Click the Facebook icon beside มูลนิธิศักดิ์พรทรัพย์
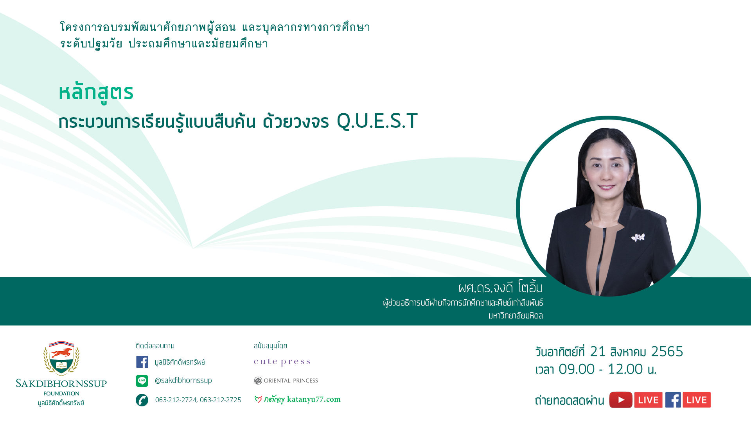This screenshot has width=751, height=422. (142, 362)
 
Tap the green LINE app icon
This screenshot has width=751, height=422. (142, 381)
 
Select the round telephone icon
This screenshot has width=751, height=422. (142, 400)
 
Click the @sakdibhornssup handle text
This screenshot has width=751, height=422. (183, 380)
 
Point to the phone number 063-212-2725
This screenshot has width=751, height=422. (221, 400)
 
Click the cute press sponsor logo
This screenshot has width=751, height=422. (282, 362)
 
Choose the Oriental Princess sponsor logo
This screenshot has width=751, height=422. (286, 381)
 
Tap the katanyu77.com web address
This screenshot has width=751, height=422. (314, 399)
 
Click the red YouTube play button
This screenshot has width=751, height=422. (621, 400)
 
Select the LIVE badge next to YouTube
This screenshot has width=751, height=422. (649, 400)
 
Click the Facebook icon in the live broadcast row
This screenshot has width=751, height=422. (673, 400)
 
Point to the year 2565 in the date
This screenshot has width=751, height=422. (667, 352)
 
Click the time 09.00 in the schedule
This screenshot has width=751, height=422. (577, 369)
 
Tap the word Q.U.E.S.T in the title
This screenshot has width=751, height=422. (377, 121)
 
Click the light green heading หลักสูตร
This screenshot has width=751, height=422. (96, 93)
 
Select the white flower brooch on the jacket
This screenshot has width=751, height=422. (638, 237)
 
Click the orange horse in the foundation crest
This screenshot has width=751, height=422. (61, 352)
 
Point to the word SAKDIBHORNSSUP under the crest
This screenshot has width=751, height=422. (61, 383)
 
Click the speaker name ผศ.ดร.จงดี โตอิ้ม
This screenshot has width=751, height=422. (501, 288)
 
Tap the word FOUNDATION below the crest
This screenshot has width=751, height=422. (61, 393)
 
